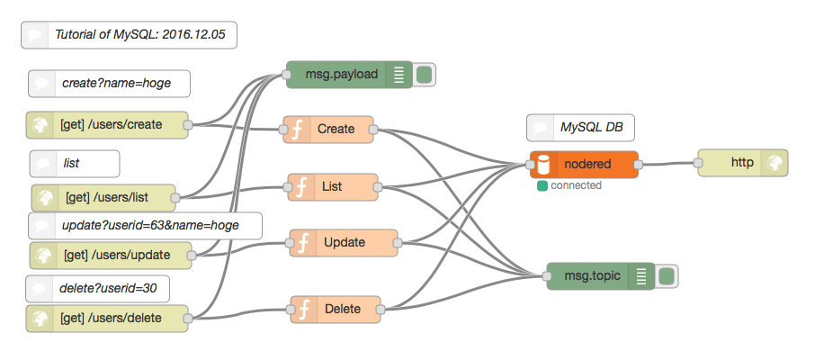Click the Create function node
point(329,129)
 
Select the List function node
point(333,187)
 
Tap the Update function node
point(344,242)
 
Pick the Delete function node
point(336,310)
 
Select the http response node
point(743,163)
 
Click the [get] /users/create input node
point(107,125)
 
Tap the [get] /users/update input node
point(113,256)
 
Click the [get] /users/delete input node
point(107,318)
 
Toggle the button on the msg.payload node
point(425,75)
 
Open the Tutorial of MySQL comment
point(129,35)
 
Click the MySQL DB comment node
point(580,128)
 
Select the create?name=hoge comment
point(109,84)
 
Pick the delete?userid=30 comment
point(97,288)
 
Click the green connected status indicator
point(542,186)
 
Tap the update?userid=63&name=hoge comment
point(145,226)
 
